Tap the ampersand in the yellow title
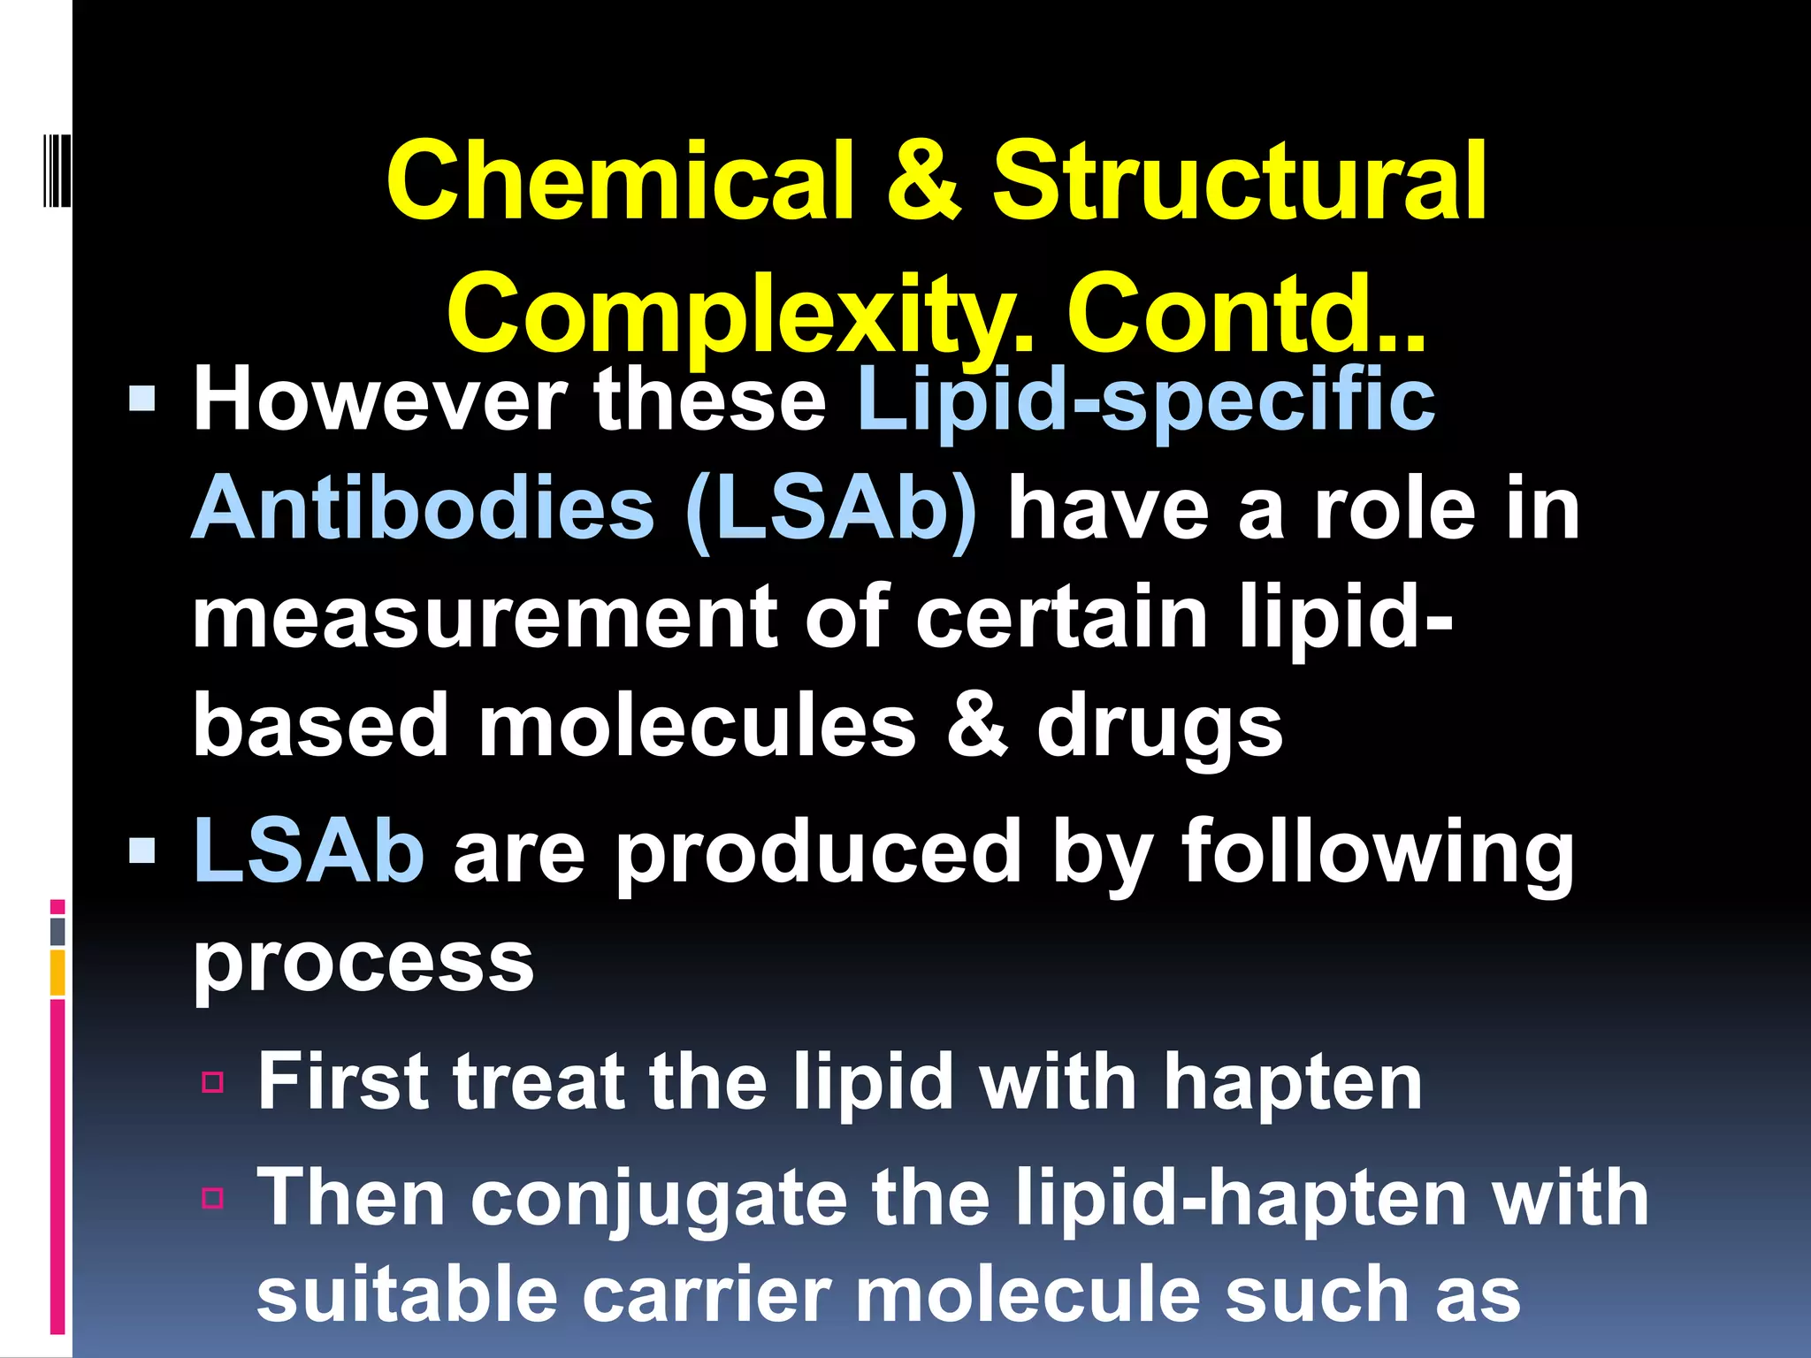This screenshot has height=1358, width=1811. click(x=923, y=181)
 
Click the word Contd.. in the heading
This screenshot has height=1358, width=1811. click(x=1247, y=315)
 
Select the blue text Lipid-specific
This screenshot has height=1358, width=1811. click(x=1146, y=401)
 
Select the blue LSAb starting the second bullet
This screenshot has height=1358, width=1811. click(x=309, y=851)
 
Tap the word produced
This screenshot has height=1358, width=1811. click(x=818, y=851)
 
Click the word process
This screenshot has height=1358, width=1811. click(x=363, y=961)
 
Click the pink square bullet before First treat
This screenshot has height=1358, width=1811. click(x=212, y=1083)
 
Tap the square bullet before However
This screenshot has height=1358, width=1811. click(x=142, y=401)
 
